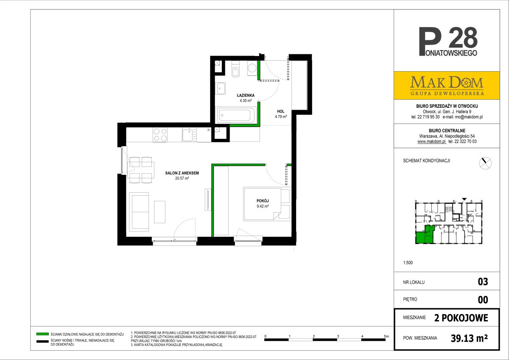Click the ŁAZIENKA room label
(x=246, y=95)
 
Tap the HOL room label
(x=281, y=111)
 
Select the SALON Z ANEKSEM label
(x=182, y=173)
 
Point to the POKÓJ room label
(x=263, y=201)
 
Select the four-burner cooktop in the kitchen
(x=160, y=135)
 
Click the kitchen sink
(x=189, y=135)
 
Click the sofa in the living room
(x=139, y=212)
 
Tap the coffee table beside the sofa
(x=159, y=212)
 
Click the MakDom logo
(x=447, y=85)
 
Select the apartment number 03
(x=483, y=282)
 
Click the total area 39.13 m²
(x=469, y=338)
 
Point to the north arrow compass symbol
(x=485, y=163)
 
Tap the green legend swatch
(x=42, y=334)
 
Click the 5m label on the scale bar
(x=386, y=336)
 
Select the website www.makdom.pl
(x=432, y=141)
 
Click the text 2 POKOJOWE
(x=461, y=318)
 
